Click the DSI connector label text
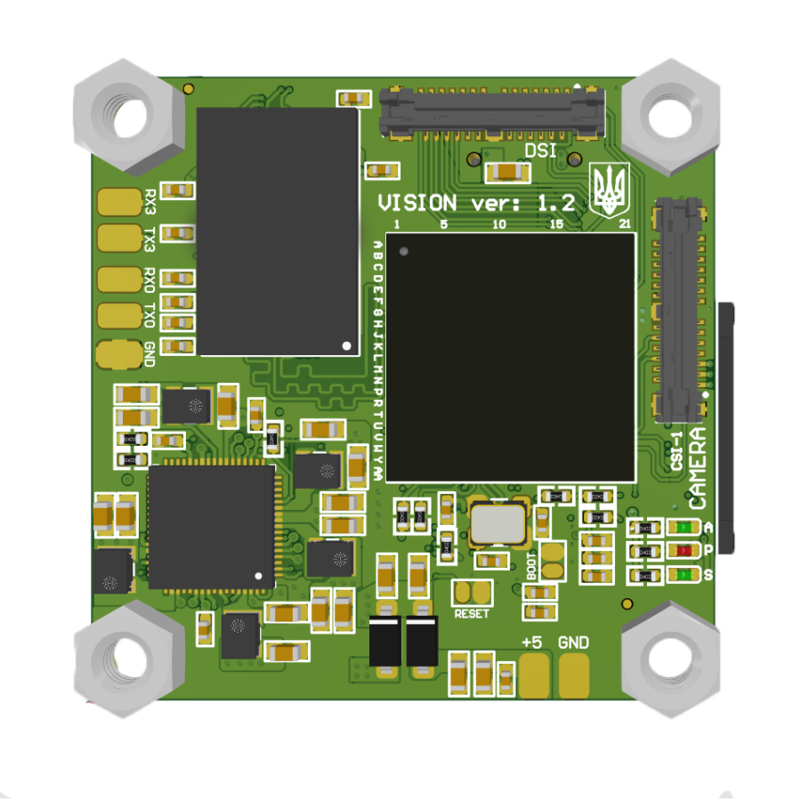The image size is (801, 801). (x=540, y=150)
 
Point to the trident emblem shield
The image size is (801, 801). (x=610, y=189)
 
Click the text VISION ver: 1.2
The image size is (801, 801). (x=476, y=203)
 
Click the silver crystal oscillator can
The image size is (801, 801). (x=498, y=525)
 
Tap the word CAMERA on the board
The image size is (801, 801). (x=700, y=467)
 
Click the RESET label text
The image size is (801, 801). (x=472, y=614)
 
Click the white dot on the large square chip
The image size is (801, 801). (x=404, y=253)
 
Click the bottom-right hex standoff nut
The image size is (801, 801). (x=671, y=659)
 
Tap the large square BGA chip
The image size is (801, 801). (x=510, y=357)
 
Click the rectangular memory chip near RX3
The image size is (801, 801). (x=277, y=231)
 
